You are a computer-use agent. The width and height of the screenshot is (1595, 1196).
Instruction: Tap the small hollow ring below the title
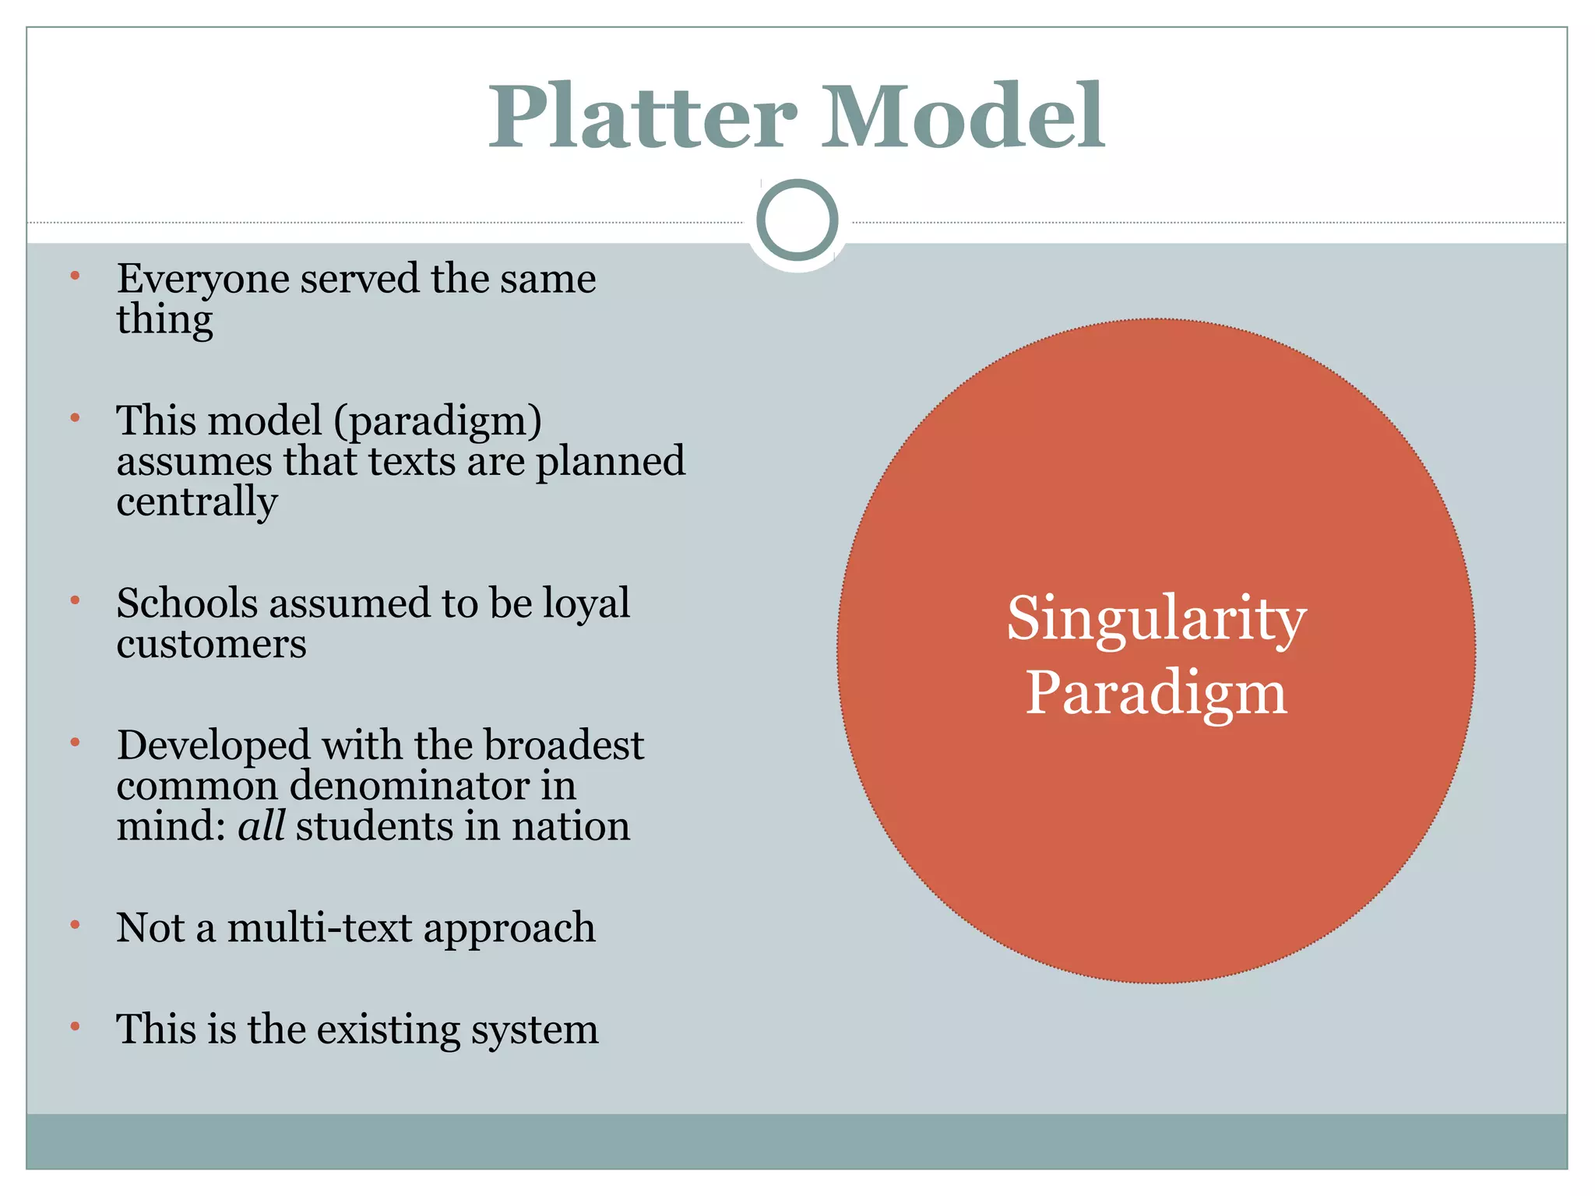coord(797,220)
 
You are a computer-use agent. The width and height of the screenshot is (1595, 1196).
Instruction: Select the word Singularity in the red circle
coord(1157,620)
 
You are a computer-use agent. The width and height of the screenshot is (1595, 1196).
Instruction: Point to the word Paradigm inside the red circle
coord(1156,693)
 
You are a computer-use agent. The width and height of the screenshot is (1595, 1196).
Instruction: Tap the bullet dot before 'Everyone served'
coord(76,276)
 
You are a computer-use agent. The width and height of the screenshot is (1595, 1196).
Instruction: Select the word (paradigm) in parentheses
coord(438,422)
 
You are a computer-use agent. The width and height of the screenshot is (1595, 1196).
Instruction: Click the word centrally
coord(197,501)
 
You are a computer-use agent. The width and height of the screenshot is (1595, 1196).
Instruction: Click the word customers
coord(211,644)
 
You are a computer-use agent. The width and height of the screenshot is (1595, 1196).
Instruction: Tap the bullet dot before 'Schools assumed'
coord(76,600)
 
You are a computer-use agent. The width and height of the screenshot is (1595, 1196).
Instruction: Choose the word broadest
coord(564,745)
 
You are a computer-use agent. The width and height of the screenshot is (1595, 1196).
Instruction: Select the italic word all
coord(261,826)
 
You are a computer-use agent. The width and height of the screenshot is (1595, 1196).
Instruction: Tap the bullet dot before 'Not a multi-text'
coord(76,925)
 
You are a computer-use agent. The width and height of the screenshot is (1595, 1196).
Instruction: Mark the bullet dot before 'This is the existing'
coord(76,1027)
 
